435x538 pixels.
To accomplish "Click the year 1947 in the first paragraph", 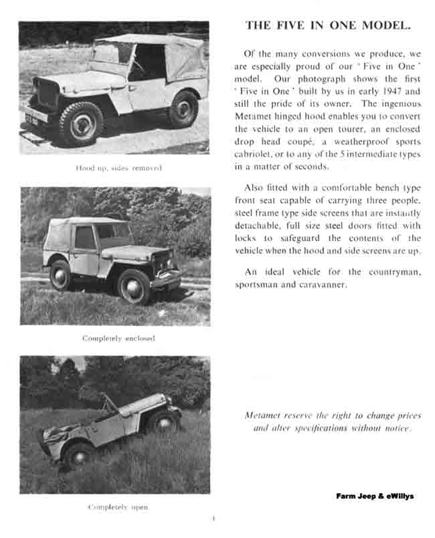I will point(392,92).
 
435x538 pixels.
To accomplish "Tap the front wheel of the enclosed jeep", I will point(134,286).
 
